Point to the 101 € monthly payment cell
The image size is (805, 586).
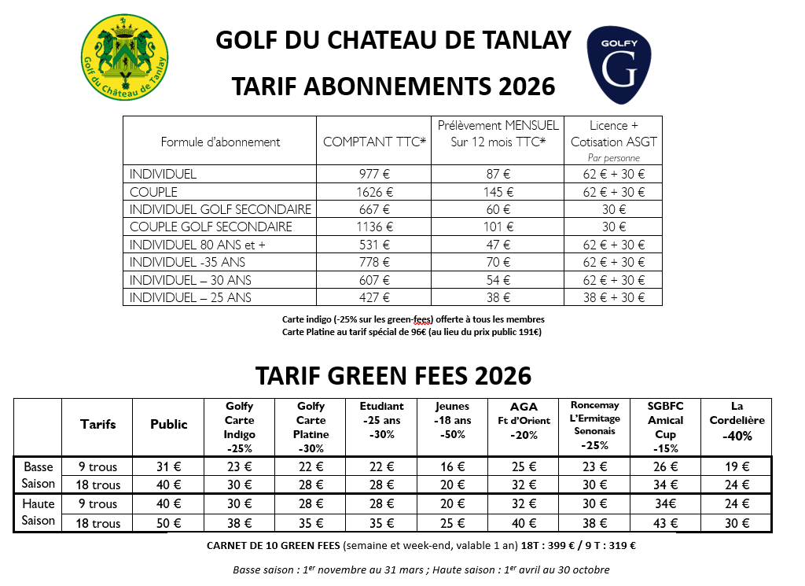[497, 227]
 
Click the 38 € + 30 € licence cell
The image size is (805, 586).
[613, 297]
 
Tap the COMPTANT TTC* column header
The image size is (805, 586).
[373, 142]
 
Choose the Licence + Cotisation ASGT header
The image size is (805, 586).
[613, 134]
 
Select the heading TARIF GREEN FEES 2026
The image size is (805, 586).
[393, 375]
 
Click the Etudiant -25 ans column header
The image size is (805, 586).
[381, 421]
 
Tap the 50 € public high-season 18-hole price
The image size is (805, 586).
[169, 523]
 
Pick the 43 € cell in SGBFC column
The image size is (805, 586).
[665, 523]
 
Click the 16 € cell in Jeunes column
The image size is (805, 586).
[452, 466]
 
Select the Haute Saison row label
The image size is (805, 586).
[39, 512]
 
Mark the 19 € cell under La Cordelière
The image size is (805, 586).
[737, 466]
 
